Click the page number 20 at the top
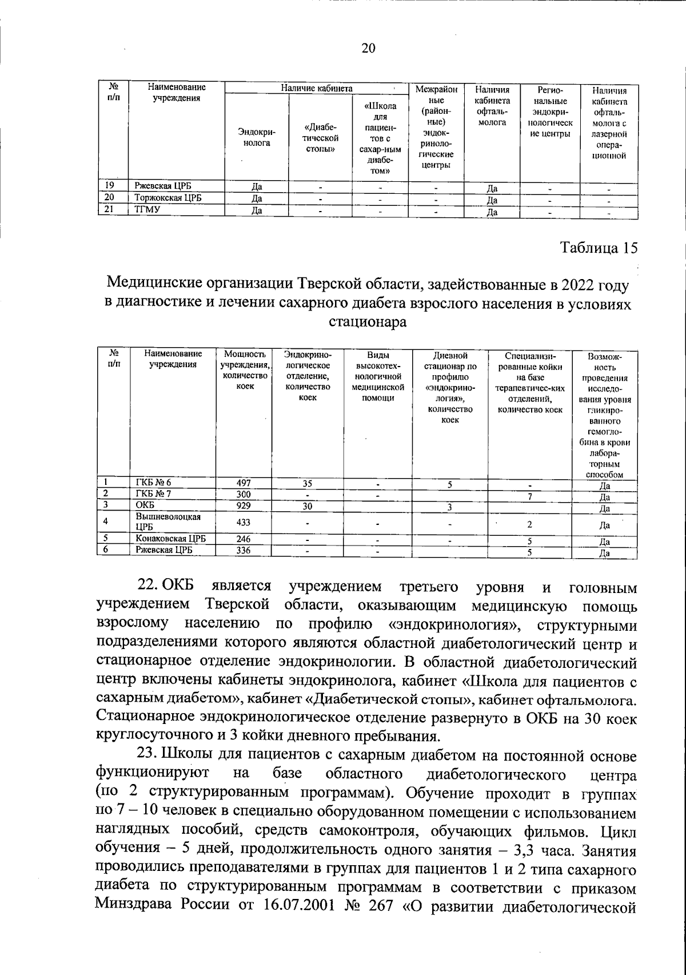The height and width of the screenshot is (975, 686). click(368, 49)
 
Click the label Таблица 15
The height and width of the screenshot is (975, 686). click(598, 248)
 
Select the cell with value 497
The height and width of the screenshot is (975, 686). click(244, 483)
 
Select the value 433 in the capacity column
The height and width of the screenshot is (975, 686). click(244, 522)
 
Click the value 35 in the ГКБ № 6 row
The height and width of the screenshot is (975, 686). click(307, 484)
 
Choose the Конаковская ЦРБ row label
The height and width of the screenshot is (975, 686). click(170, 539)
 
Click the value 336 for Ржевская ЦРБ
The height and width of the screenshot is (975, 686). click(244, 551)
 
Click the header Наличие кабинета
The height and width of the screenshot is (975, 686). click(316, 88)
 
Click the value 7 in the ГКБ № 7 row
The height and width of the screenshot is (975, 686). click(530, 496)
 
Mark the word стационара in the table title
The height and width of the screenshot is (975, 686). click(368, 323)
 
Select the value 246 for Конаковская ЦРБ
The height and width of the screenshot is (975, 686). click(244, 539)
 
